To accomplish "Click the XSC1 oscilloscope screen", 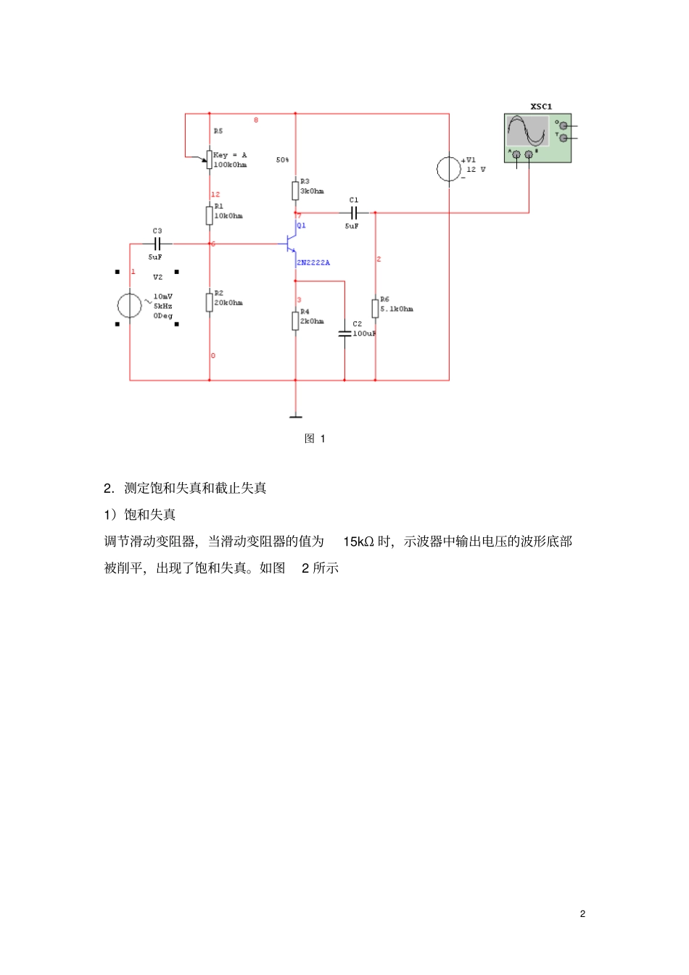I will click(x=527, y=131).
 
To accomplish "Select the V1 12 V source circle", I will click(x=449, y=169).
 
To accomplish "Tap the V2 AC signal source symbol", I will click(x=130, y=305).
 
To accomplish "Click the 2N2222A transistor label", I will click(x=313, y=262).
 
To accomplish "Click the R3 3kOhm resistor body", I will click(x=295, y=191).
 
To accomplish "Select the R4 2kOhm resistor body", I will click(x=295, y=320).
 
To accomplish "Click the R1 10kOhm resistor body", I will click(x=210, y=215).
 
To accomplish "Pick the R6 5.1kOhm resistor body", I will click(x=375, y=308).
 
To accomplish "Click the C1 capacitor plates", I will click(x=354, y=213).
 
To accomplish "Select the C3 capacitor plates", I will click(x=157, y=244).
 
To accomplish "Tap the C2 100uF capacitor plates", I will click(x=344, y=333).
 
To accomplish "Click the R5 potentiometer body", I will click(x=209, y=159).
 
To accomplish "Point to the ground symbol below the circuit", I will click(x=295, y=416).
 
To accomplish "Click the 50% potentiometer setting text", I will click(x=282, y=159).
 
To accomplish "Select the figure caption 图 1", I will click(x=315, y=439).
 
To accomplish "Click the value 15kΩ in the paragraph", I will click(x=358, y=542).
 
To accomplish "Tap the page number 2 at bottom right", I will click(x=582, y=913).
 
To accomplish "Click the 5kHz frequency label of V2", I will click(x=162, y=306).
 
